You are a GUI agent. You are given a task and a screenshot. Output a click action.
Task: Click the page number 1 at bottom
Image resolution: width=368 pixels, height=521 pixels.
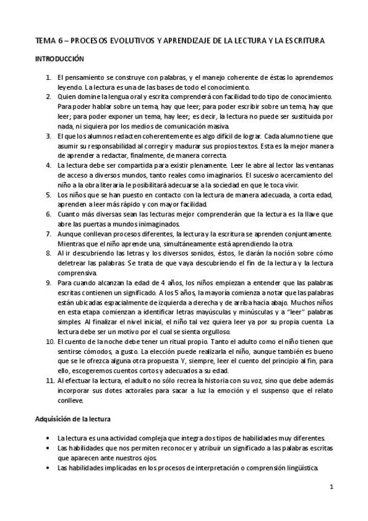[331, 488]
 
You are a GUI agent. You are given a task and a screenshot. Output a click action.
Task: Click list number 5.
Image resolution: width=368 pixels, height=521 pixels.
[49, 195]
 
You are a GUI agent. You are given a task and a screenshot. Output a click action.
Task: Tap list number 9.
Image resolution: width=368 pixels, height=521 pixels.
[49, 283]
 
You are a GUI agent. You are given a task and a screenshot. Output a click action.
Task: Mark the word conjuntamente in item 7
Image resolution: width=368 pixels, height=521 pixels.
[307, 234]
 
